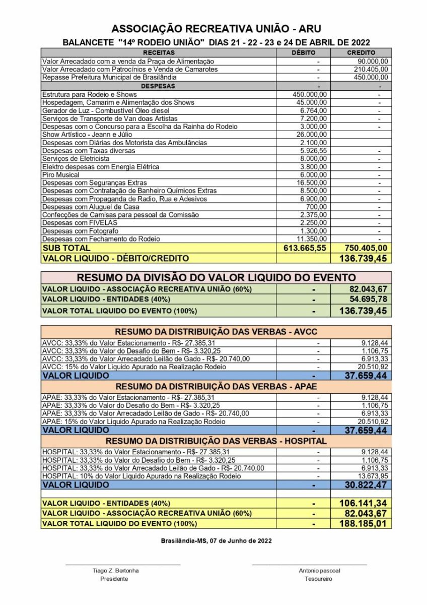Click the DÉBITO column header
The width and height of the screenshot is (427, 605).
[x=304, y=52]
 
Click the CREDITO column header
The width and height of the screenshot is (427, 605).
[x=361, y=52]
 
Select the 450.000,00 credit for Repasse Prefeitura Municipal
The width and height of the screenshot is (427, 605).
[x=369, y=78]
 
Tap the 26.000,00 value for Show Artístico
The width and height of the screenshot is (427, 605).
[x=311, y=135]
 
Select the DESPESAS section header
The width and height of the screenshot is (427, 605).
[x=158, y=86]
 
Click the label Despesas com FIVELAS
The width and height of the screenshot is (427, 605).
[x=73, y=223]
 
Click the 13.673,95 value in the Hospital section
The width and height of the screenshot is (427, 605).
[x=373, y=476]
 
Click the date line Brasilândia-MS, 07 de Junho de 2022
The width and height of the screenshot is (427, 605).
[x=217, y=541]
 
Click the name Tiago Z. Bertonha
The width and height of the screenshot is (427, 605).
[x=116, y=571]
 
